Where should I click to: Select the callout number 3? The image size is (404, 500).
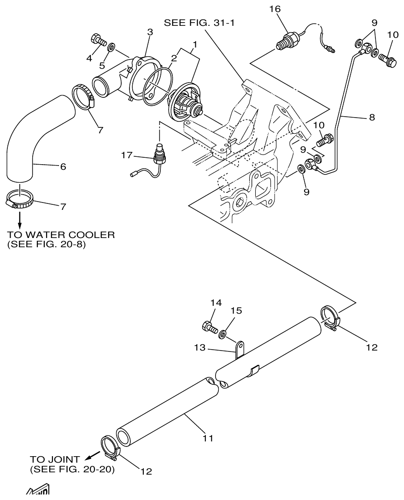[x=150, y=32]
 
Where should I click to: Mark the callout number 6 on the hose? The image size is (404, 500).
[x=63, y=167]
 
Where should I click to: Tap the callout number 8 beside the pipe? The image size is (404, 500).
[x=371, y=117]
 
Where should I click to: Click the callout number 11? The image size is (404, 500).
[x=208, y=438]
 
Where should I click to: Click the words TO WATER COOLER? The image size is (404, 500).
[x=60, y=235]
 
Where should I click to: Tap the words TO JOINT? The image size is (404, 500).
[x=55, y=459]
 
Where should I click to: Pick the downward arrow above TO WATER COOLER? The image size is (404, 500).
[x=19, y=216]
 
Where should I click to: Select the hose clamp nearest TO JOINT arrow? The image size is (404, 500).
[x=110, y=447]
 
